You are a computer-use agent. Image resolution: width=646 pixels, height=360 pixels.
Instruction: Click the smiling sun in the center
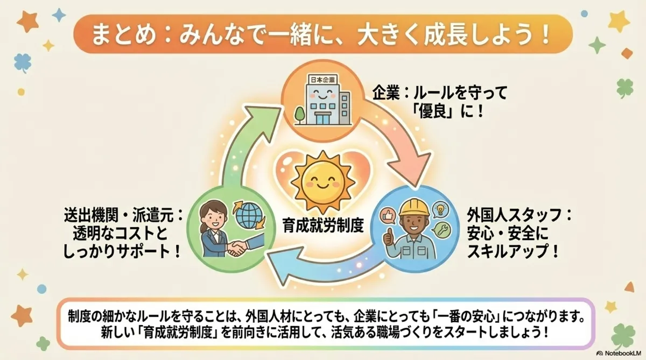click(x=322, y=182)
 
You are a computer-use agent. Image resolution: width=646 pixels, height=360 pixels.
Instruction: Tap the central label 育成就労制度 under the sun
click(x=322, y=225)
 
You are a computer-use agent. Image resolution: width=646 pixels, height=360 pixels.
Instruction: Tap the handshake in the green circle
click(x=237, y=248)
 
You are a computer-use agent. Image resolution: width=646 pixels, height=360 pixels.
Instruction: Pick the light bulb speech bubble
click(x=440, y=209)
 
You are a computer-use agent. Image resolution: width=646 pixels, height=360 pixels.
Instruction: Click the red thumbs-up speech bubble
click(x=388, y=216)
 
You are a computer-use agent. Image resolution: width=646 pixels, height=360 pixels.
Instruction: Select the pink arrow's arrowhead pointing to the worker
click(x=414, y=168)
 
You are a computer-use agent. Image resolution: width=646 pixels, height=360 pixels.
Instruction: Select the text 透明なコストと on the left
click(x=120, y=234)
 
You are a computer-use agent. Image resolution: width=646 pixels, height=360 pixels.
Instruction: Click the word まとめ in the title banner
click(x=124, y=36)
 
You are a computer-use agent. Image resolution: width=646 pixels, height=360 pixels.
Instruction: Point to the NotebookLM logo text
click(x=621, y=353)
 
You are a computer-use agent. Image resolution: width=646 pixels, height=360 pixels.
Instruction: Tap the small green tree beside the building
click(x=300, y=115)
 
